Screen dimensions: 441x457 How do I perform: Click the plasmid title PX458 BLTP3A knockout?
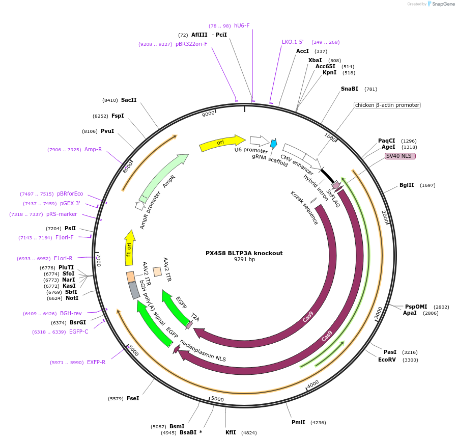[x=244, y=253]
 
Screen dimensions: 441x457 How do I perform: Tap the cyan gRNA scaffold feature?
[x=274, y=144]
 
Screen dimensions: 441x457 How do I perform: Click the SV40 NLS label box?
[x=400, y=156]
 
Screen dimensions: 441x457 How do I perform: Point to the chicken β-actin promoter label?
[x=387, y=105]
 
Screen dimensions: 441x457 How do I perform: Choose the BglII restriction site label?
[x=407, y=185]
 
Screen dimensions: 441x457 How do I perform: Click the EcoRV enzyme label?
[x=387, y=360]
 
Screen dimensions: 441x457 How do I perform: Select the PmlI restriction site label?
[x=298, y=422]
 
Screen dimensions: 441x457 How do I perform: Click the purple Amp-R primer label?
[x=93, y=150]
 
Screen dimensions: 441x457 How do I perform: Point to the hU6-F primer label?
[x=242, y=25]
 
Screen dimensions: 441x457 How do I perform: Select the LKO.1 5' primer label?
[x=293, y=42]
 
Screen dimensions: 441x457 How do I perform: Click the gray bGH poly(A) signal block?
[x=134, y=290]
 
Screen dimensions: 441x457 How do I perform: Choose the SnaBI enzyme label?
[x=350, y=89]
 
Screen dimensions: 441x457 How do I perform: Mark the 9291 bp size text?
[x=244, y=260]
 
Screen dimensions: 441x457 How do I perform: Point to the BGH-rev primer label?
[x=71, y=314]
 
